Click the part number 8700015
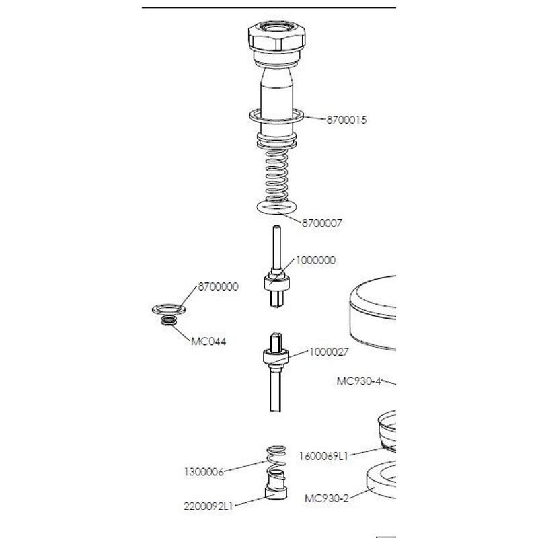pyautogui.click(x=346, y=120)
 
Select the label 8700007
pyautogui.click(x=322, y=223)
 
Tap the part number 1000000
pyautogui.click(x=315, y=260)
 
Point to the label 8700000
pyautogui.click(x=218, y=286)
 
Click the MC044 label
pyautogui.click(x=208, y=342)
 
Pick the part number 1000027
pyautogui.click(x=329, y=352)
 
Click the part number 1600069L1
pyautogui.click(x=323, y=456)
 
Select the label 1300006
pyautogui.click(x=204, y=472)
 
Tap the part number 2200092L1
pyautogui.click(x=208, y=506)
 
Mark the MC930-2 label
pyautogui.click(x=327, y=498)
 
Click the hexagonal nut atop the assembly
pyautogui.click(x=277, y=36)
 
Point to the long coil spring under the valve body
pyautogui.click(x=276, y=175)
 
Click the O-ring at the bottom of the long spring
pyautogui.click(x=276, y=207)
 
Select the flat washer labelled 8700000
pyautogui.click(x=169, y=310)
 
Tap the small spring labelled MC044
pyautogui.click(x=169, y=321)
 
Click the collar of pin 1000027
pyautogui.click(x=276, y=357)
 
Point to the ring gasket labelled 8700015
pyautogui.click(x=276, y=116)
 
